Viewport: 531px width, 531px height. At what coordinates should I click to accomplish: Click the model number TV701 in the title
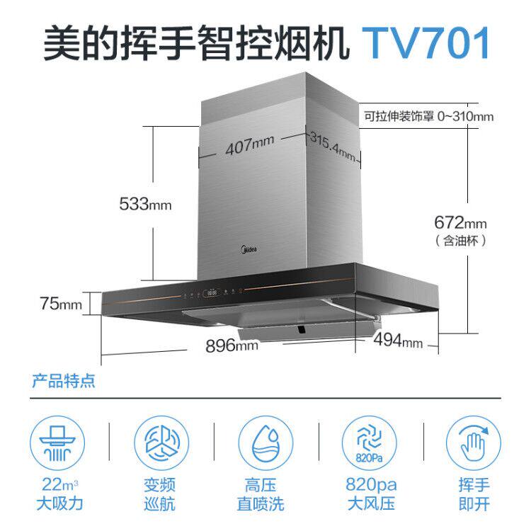(427, 43)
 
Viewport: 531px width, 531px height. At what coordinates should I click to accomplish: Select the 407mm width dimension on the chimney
(249, 148)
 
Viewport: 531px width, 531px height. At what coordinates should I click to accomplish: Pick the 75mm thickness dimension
(60, 304)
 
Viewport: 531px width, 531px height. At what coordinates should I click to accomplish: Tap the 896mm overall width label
(232, 346)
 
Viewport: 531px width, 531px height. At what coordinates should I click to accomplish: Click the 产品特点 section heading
(64, 383)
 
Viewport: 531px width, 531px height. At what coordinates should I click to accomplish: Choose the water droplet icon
(265, 442)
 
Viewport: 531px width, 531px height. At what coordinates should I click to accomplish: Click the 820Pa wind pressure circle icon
(370, 442)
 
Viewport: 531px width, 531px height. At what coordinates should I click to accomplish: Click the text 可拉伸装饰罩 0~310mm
(428, 117)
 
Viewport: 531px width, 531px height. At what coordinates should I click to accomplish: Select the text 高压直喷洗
(265, 495)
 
